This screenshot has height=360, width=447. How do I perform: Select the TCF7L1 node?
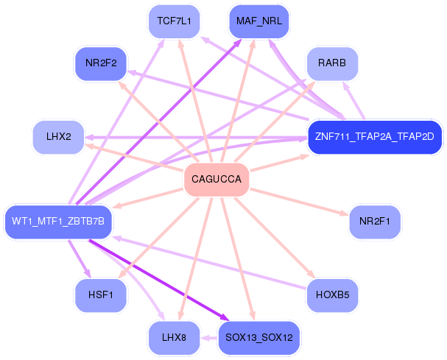(174, 21)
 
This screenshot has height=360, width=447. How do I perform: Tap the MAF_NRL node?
(258, 21)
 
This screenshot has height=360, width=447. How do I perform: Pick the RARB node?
(332, 64)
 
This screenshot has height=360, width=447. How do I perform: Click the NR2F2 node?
(102, 64)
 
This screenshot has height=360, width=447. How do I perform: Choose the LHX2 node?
(58, 137)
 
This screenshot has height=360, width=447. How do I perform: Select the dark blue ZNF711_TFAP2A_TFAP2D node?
(374, 137)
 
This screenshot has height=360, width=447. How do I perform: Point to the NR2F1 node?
(374, 222)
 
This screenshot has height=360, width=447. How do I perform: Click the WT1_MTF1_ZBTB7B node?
(58, 222)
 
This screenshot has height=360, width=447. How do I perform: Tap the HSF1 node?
(102, 295)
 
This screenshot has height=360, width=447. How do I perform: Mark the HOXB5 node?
(332, 295)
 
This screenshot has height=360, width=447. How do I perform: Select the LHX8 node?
(174, 338)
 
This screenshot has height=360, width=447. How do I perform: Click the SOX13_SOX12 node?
(258, 338)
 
